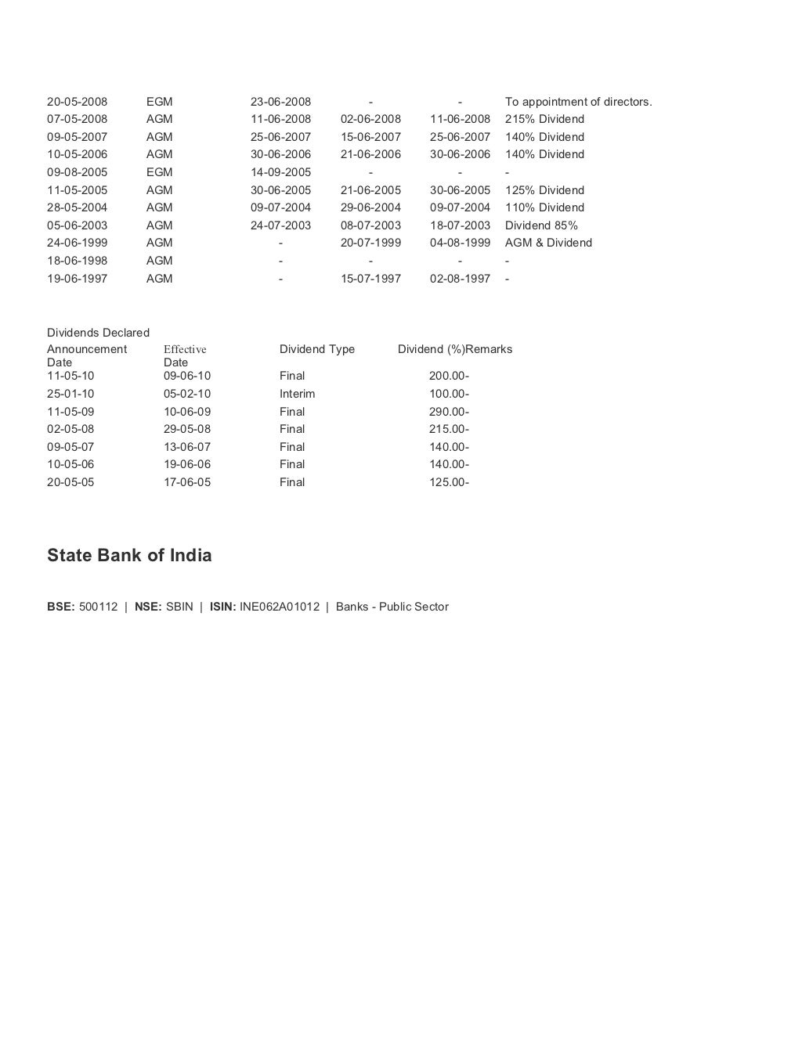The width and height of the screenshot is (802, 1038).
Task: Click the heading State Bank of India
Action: tap(129, 555)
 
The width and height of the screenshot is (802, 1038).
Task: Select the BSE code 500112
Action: tap(98, 607)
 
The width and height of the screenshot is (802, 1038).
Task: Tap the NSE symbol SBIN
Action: tap(179, 607)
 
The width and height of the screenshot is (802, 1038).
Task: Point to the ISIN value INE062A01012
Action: tap(280, 607)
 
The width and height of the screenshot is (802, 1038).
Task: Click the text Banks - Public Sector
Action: tap(392, 607)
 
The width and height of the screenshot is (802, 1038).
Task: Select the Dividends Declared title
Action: tap(98, 333)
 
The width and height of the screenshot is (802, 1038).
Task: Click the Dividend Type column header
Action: tap(317, 349)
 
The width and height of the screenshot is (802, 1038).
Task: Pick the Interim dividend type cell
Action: tap(298, 394)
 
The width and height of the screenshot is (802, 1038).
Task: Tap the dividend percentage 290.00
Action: tap(446, 412)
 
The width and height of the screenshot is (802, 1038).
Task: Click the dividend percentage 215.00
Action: tap(446, 429)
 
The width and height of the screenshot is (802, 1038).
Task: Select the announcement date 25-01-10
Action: tap(70, 394)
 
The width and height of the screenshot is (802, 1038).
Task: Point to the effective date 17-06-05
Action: tap(187, 482)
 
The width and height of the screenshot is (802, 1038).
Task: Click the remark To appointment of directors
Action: tap(578, 102)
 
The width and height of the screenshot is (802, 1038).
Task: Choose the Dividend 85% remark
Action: tap(541, 225)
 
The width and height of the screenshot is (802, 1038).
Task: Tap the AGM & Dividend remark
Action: tap(548, 243)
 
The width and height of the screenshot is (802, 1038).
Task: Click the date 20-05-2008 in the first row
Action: tap(77, 102)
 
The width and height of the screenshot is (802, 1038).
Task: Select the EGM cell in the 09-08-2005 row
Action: tap(159, 172)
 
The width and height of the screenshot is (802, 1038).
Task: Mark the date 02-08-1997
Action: tap(460, 279)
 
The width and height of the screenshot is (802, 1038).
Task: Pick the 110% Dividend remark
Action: tap(544, 207)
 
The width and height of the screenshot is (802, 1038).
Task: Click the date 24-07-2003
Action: tap(280, 225)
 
